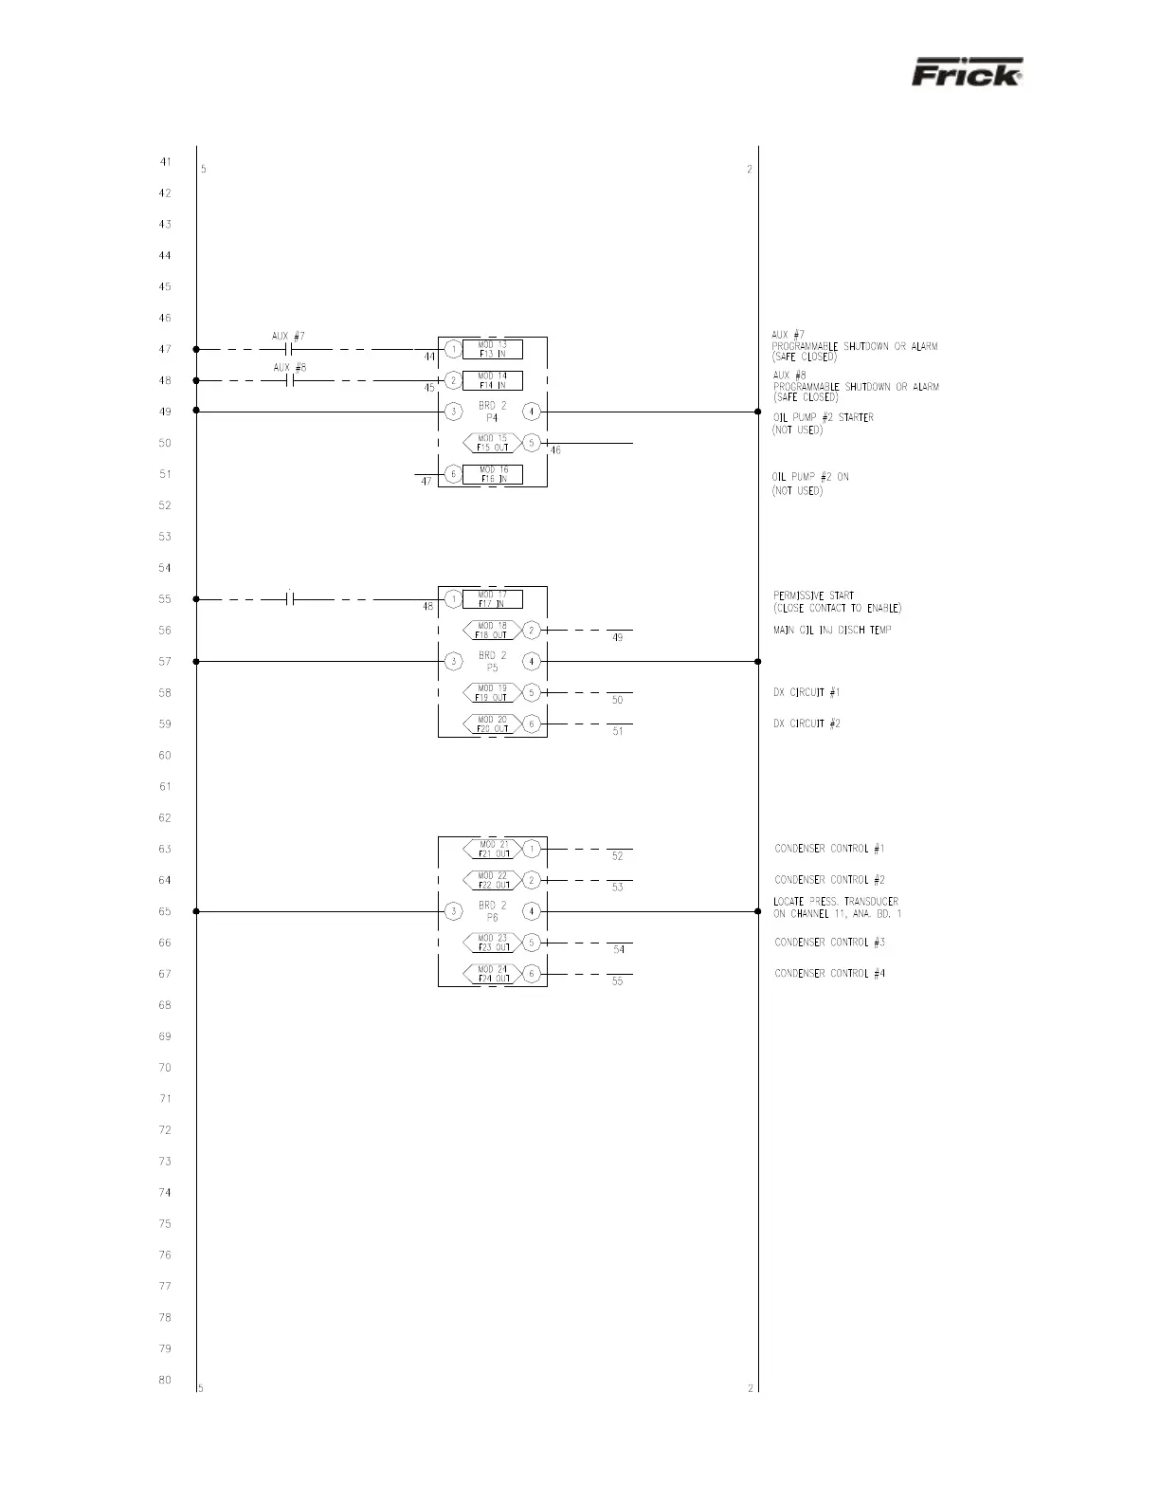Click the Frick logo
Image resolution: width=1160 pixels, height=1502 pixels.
(x=967, y=73)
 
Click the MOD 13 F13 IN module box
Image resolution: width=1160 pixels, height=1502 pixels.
(x=492, y=350)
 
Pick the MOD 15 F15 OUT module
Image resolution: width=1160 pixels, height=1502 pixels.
(x=492, y=443)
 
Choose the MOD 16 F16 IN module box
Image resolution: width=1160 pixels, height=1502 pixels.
(x=492, y=474)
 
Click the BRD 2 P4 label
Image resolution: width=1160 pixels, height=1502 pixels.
(x=492, y=411)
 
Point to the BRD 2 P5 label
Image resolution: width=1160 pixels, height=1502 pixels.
(x=492, y=661)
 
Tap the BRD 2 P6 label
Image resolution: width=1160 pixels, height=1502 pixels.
(x=492, y=911)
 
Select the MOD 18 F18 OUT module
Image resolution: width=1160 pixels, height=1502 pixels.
(x=492, y=631)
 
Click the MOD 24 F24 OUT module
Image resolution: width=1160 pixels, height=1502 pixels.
(x=492, y=974)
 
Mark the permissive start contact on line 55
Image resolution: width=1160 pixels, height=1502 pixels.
(x=291, y=599)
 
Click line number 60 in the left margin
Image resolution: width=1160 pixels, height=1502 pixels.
(x=165, y=756)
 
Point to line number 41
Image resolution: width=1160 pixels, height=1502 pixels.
(x=165, y=162)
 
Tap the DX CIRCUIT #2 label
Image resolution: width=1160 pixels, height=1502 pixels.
(x=807, y=724)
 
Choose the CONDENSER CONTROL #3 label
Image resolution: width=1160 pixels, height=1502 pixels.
(x=829, y=943)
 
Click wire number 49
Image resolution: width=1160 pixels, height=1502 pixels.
(x=618, y=638)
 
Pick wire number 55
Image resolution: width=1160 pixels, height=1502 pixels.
(x=618, y=981)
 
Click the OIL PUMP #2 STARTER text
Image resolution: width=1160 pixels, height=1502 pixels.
(x=823, y=418)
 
